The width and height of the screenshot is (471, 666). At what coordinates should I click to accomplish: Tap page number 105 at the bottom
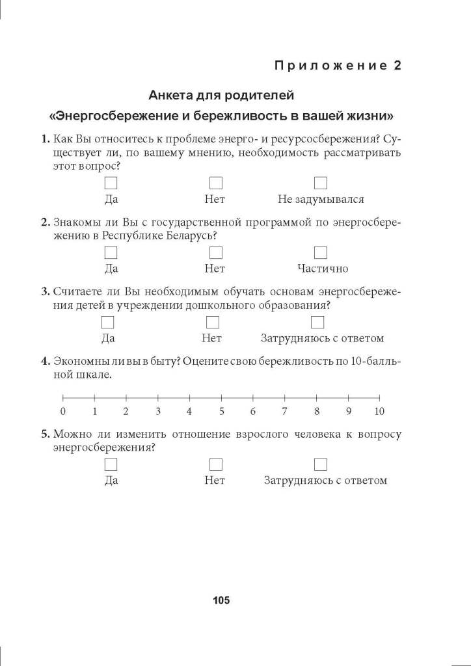point(221,600)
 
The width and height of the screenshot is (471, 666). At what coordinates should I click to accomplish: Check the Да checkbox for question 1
point(111,183)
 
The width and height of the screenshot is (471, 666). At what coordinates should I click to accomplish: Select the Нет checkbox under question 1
point(215,183)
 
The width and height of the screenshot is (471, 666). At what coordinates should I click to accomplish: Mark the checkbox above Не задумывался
point(321,183)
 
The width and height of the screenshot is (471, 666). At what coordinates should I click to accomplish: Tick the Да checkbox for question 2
point(111,252)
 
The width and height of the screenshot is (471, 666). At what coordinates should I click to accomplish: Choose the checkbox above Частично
point(321,252)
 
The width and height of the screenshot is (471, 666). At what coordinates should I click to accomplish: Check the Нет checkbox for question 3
point(212,322)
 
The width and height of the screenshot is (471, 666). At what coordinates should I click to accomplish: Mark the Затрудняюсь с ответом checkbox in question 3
point(317,322)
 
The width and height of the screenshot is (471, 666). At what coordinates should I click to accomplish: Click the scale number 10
point(379,411)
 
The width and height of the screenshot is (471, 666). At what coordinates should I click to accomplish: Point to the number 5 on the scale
point(221,411)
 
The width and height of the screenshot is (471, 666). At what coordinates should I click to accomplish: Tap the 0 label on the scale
point(62,411)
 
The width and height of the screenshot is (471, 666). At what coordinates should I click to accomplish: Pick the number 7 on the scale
point(284,411)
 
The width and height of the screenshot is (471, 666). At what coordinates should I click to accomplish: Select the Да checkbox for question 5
point(111,464)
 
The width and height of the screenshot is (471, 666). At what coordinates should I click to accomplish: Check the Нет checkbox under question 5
point(215,464)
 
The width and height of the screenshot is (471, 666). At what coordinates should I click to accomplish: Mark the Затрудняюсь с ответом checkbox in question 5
point(321,464)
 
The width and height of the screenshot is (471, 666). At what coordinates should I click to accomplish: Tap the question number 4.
point(45,362)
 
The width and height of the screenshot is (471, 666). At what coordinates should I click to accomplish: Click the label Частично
point(323,269)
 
